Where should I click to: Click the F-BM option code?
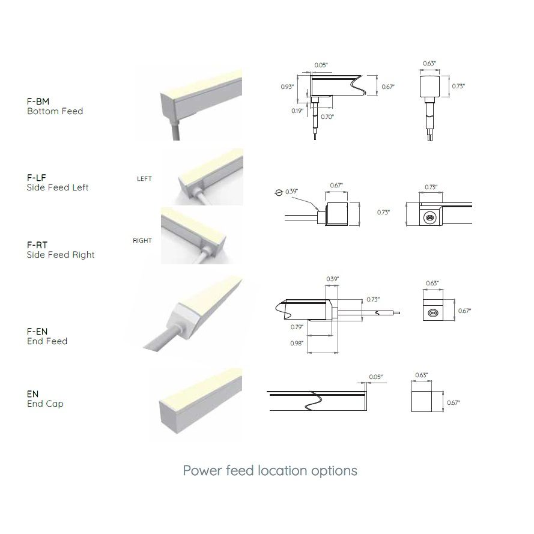tap(38, 102)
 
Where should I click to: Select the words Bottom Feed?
tap(55, 111)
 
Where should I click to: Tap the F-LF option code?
tap(37, 178)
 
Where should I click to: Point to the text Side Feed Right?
tap(61, 255)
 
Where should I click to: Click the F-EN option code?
tap(37, 332)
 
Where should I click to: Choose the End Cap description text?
tap(45, 404)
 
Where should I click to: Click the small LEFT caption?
tap(144, 179)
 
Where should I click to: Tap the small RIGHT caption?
tap(142, 241)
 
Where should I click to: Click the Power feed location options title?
tap(270, 471)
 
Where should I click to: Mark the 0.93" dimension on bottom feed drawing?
tap(287, 87)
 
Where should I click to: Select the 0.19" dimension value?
tap(297, 111)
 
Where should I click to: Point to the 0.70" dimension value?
tap(327, 117)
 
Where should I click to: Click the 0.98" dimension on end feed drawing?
tap(297, 344)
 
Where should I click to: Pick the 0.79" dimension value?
tap(297, 327)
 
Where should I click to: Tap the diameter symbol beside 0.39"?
tap(279, 193)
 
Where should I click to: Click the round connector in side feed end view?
tap(429, 217)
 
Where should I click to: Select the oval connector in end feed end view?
tap(433, 312)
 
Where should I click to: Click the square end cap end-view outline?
tap(422, 401)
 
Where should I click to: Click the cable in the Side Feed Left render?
tap(202, 198)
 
